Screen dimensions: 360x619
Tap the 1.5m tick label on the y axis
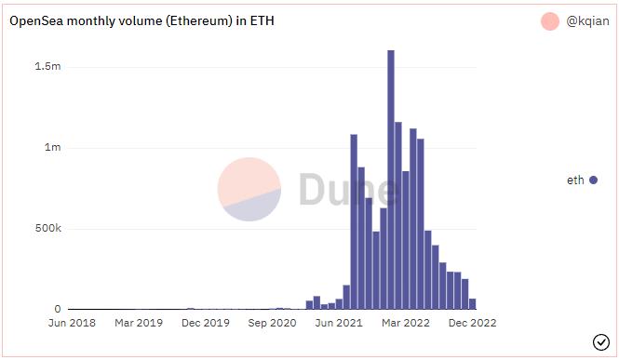49,67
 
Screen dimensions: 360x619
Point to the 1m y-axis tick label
52,148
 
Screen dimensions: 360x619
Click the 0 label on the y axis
58,310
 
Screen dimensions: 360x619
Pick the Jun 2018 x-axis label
72,324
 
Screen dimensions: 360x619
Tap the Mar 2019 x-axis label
139,324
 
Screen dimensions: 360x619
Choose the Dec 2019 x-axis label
206,324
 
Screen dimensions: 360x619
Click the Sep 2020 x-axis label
272,324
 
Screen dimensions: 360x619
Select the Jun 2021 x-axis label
339,324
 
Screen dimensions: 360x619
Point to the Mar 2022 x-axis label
406,324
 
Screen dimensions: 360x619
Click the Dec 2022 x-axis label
473,324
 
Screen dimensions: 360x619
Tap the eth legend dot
593,180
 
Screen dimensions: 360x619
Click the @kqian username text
587,20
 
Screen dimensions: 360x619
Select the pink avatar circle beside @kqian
550,20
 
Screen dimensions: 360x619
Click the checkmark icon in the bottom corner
600,342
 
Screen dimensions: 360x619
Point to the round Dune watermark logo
249,189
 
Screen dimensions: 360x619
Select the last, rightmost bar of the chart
473,304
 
